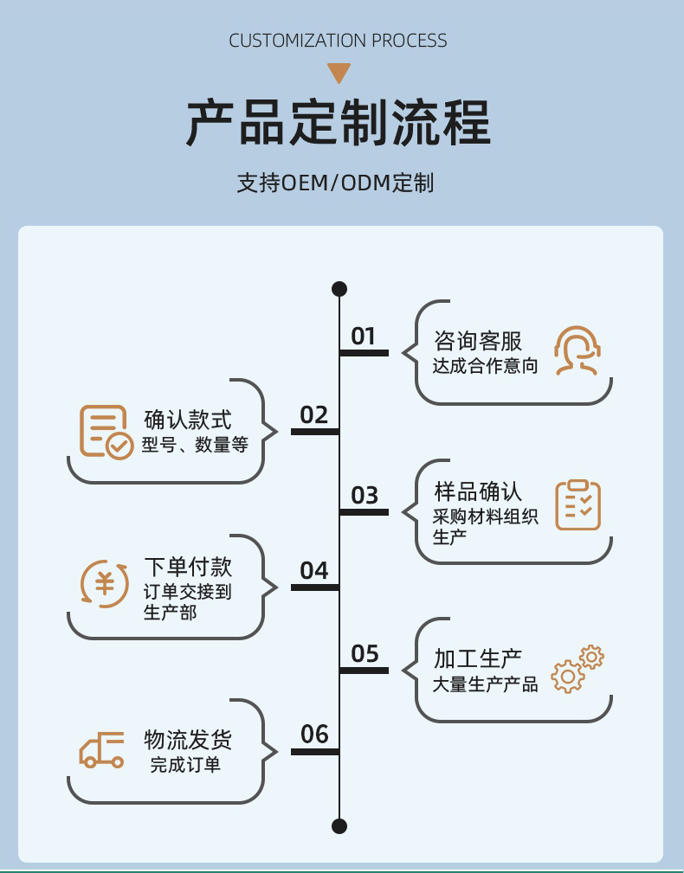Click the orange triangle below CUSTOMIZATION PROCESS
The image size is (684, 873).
[x=339, y=73]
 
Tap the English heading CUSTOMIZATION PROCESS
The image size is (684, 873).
[x=338, y=41]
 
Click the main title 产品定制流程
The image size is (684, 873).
[x=339, y=124]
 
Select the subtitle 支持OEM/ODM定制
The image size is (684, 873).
[x=335, y=183]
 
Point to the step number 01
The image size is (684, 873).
[x=363, y=336]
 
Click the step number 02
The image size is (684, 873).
[x=314, y=415]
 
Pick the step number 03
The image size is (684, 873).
[x=365, y=496]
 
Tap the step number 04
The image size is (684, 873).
[x=314, y=571]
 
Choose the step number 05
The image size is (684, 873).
[x=365, y=654]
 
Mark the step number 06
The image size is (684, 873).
[x=314, y=735]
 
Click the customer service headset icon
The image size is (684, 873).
[x=577, y=350]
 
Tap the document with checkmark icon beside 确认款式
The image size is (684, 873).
[x=106, y=432]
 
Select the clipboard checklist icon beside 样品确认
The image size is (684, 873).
[x=578, y=505]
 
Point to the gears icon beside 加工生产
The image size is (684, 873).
[x=578, y=668]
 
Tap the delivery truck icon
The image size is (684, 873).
[x=102, y=749]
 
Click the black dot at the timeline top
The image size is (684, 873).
[x=339, y=289]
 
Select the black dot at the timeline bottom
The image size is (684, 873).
[x=339, y=825]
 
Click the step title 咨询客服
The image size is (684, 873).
[x=478, y=341]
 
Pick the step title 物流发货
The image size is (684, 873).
[x=188, y=741]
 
